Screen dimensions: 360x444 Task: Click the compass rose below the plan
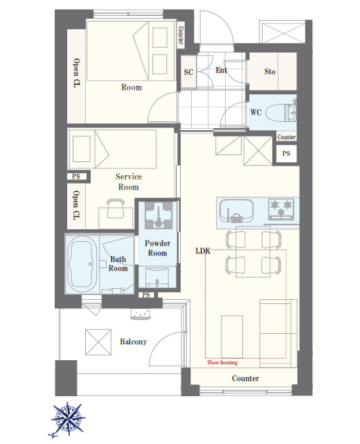[68, 418]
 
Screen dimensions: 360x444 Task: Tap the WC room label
[256, 112]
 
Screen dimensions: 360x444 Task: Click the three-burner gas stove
[281, 209]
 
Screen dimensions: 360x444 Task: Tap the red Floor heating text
[222, 362]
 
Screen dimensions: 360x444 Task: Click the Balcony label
[134, 341]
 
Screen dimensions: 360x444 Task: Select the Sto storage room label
[270, 71]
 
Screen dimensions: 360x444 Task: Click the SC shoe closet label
[188, 72]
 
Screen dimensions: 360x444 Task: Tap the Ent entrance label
[222, 70]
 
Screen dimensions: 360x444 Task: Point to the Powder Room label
[158, 248]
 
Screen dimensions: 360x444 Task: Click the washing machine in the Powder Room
[159, 215]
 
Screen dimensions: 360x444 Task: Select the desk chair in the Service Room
[116, 208]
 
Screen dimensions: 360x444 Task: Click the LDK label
[204, 251]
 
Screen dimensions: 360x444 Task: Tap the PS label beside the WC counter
[286, 154]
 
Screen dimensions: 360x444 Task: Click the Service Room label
[129, 181]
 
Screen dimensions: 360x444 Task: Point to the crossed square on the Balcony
[98, 341]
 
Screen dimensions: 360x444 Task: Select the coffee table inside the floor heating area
[232, 337]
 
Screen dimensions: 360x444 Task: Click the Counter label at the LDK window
[245, 378]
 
